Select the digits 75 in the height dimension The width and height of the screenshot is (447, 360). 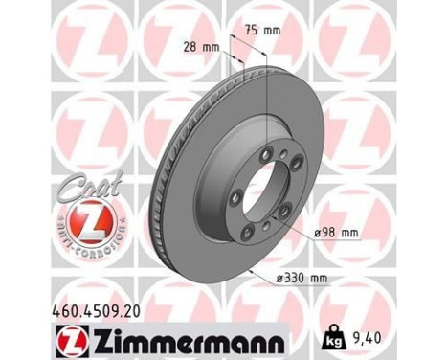[x=252, y=30]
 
